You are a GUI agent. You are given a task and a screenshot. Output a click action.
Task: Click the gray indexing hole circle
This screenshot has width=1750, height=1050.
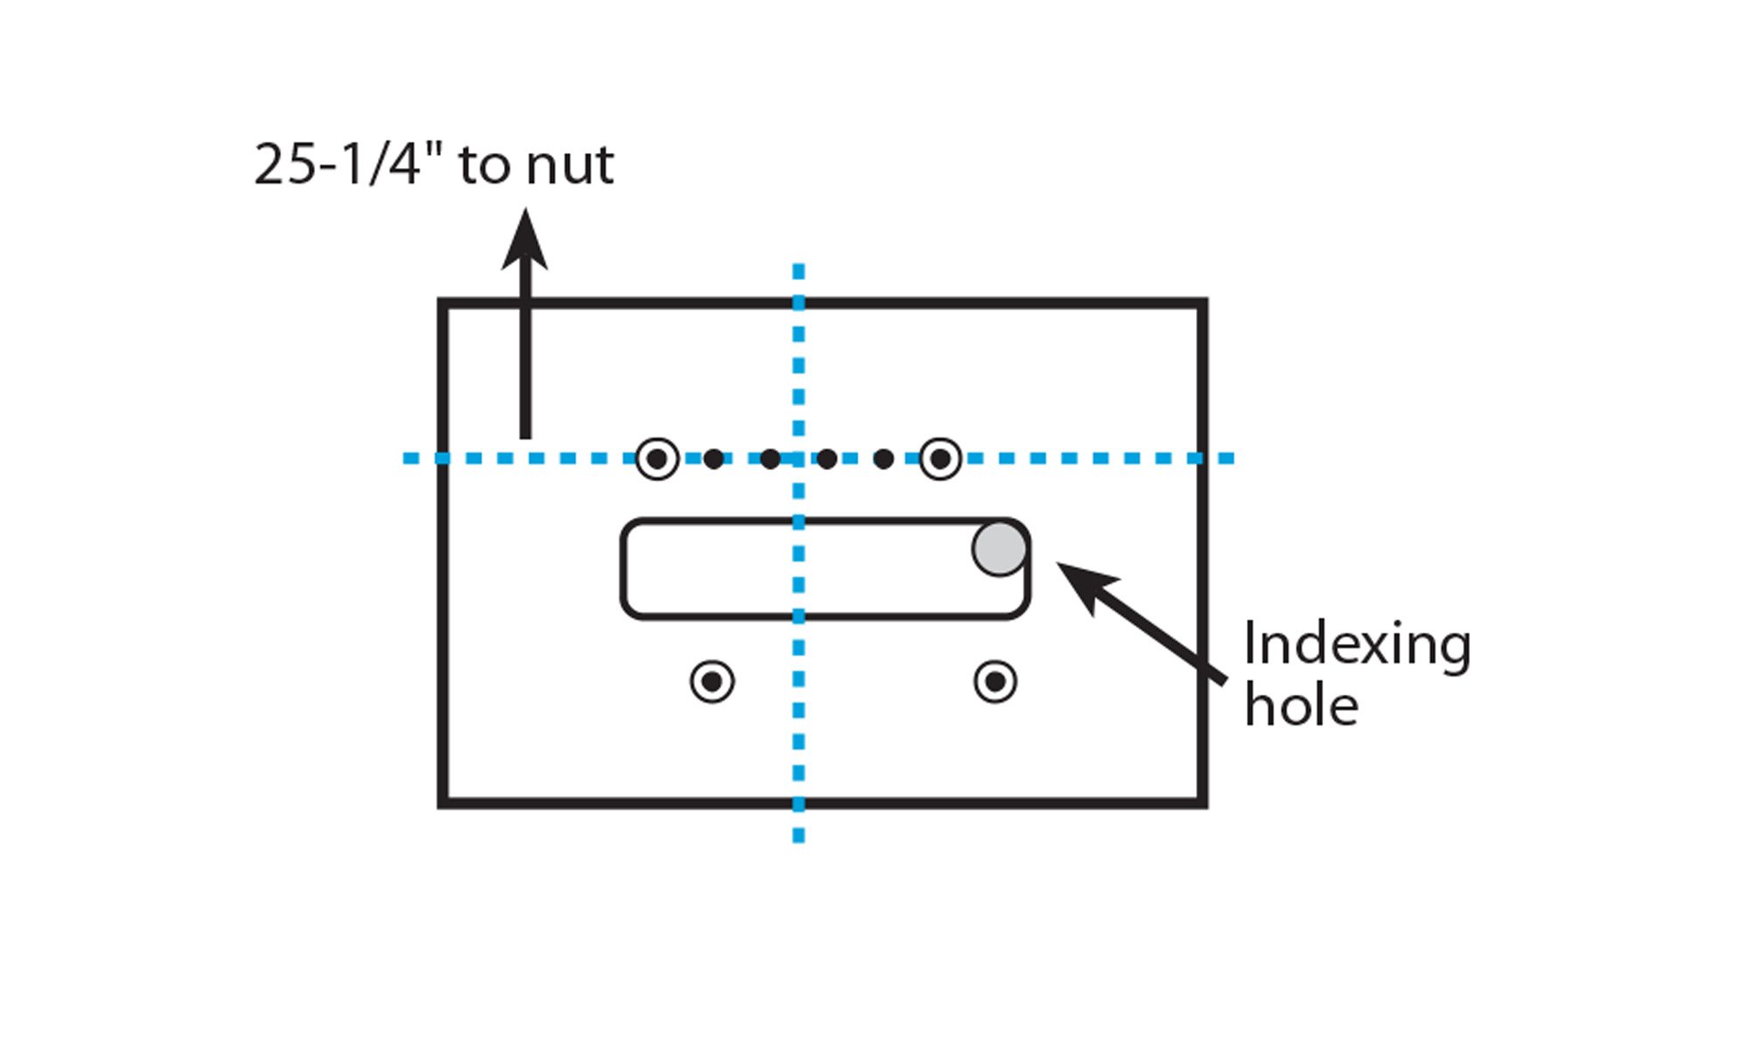(999, 549)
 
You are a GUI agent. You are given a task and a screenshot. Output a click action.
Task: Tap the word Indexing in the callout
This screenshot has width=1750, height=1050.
(1356, 647)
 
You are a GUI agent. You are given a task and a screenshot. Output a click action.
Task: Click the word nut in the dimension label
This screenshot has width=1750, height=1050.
(570, 165)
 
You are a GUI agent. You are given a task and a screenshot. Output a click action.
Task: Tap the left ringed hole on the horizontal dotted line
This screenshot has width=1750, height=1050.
(657, 458)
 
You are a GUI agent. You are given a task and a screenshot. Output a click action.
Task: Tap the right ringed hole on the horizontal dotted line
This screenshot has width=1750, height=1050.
(941, 458)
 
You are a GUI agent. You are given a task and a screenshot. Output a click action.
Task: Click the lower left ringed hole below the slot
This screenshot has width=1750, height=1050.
(712, 682)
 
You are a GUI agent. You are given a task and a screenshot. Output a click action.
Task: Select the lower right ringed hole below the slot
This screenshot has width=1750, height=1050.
(995, 682)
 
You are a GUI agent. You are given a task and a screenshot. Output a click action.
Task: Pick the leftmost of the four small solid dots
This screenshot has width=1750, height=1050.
(714, 458)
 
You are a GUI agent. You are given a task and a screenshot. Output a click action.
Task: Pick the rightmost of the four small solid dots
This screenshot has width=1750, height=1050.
(884, 458)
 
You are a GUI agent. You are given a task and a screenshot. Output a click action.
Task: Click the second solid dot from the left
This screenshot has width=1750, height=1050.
(770, 458)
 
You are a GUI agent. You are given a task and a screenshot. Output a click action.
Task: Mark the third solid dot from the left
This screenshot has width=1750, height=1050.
(827, 458)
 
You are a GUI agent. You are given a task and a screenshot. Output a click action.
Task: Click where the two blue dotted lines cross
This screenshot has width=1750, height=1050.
(798, 458)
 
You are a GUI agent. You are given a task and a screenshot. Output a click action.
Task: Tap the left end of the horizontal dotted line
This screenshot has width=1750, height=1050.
(409, 458)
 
